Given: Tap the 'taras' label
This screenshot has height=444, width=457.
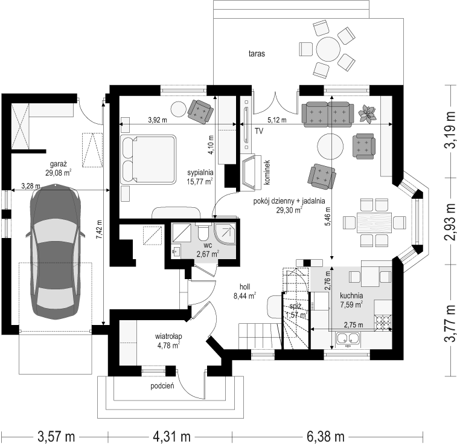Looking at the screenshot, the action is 257,54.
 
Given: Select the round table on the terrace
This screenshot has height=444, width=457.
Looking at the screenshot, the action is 328,49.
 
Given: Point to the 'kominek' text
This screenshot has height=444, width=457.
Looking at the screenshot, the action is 267,172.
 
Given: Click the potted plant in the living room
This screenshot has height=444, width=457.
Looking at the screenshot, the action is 367,113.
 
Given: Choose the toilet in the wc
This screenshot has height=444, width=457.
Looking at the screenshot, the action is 203,232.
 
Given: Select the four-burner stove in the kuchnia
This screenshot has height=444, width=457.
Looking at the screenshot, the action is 383,323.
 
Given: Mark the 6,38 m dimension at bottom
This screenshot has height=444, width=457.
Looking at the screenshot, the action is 325,437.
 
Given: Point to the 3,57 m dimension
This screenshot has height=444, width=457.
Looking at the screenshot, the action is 56,437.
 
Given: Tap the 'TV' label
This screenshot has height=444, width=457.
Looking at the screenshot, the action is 259,131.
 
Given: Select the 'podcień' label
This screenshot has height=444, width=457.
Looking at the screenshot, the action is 162,386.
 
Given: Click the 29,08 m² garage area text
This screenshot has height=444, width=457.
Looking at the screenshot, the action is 59,173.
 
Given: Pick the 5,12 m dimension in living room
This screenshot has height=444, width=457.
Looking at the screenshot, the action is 277,120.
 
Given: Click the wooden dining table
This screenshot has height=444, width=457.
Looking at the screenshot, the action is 374,222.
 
